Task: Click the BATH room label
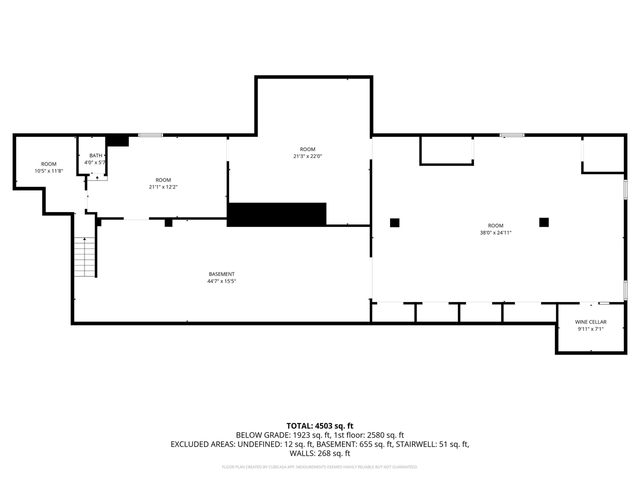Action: click(x=96, y=155)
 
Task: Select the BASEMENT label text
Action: click(x=222, y=274)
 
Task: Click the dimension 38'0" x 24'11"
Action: click(x=495, y=232)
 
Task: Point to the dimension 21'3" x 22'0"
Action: click(x=307, y=155)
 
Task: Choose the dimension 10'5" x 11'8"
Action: click(x=49, y=171)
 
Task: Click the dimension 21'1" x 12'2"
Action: click(x=163, y=187)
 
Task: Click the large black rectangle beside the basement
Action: click(x=277, y=214)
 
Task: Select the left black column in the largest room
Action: click(x=395, y=222)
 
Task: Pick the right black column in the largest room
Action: click(x=544, y=222)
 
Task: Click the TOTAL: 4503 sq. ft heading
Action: click(x=320, y=425)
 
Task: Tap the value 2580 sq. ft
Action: click(x=384, y=435)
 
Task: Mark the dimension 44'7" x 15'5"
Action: click(x=222, y=281)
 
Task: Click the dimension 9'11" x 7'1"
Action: click(x=590, y=329)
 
